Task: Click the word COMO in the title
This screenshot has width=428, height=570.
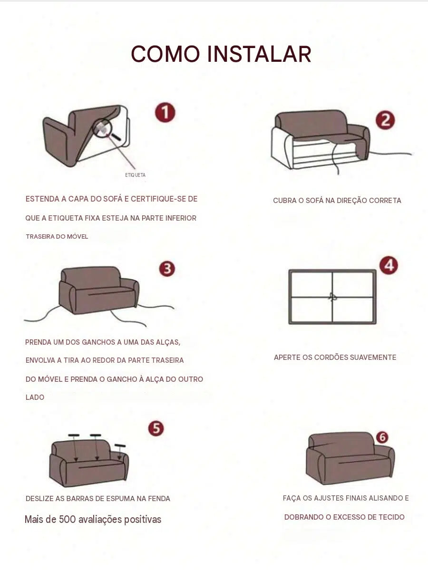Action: point(165,54)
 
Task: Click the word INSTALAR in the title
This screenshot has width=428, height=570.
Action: point(260,54)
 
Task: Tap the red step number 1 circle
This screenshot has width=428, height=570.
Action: point(165,112)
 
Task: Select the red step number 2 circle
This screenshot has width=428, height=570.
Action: point(386,120)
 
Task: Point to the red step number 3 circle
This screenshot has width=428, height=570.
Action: point(167,269)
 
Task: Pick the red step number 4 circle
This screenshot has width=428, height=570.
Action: point(389,265)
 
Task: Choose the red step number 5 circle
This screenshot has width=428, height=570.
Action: point(156,428)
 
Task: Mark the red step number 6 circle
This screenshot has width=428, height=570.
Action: point(382,437)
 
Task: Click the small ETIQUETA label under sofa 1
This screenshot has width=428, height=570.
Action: point(135,175)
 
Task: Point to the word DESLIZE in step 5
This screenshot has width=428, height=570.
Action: point(39,498)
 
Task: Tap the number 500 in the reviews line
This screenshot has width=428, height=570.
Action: point(67,519)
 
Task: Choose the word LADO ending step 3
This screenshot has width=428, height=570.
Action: point(35,397)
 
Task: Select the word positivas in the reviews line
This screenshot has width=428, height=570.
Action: point(143,520)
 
